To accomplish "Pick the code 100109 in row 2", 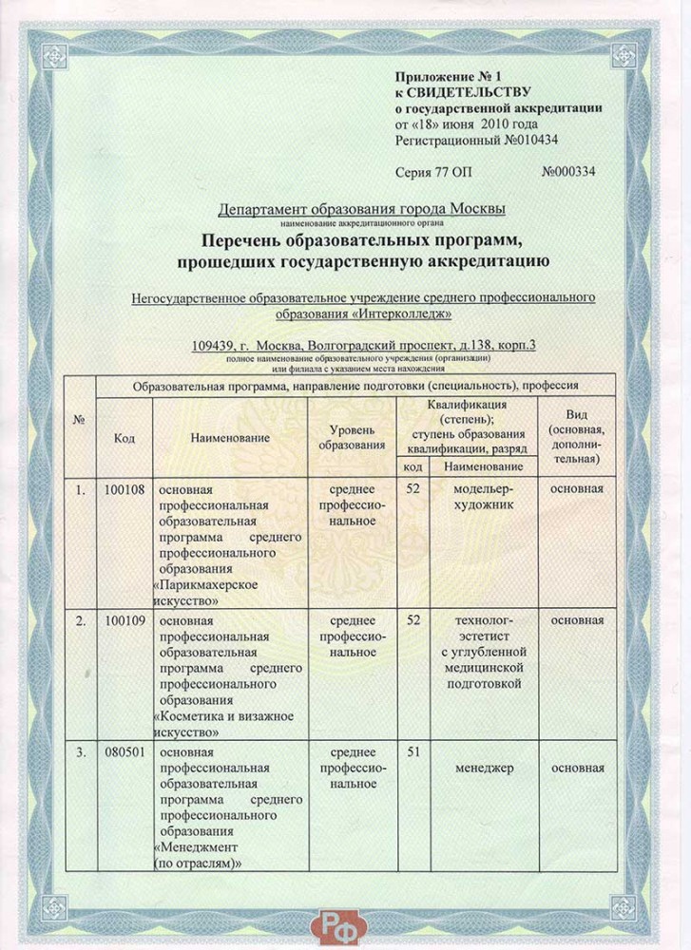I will pyautogui.click(x=124, y=620).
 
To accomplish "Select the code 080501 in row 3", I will pyautogui.click(x=124, y=753).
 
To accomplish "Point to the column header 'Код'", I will pyautogui.click(x=124, y=438).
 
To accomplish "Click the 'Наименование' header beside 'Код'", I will pyautogui.click(x=230, y=438).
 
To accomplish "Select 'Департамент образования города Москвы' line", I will pyautogui.click(x=362, y=208).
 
